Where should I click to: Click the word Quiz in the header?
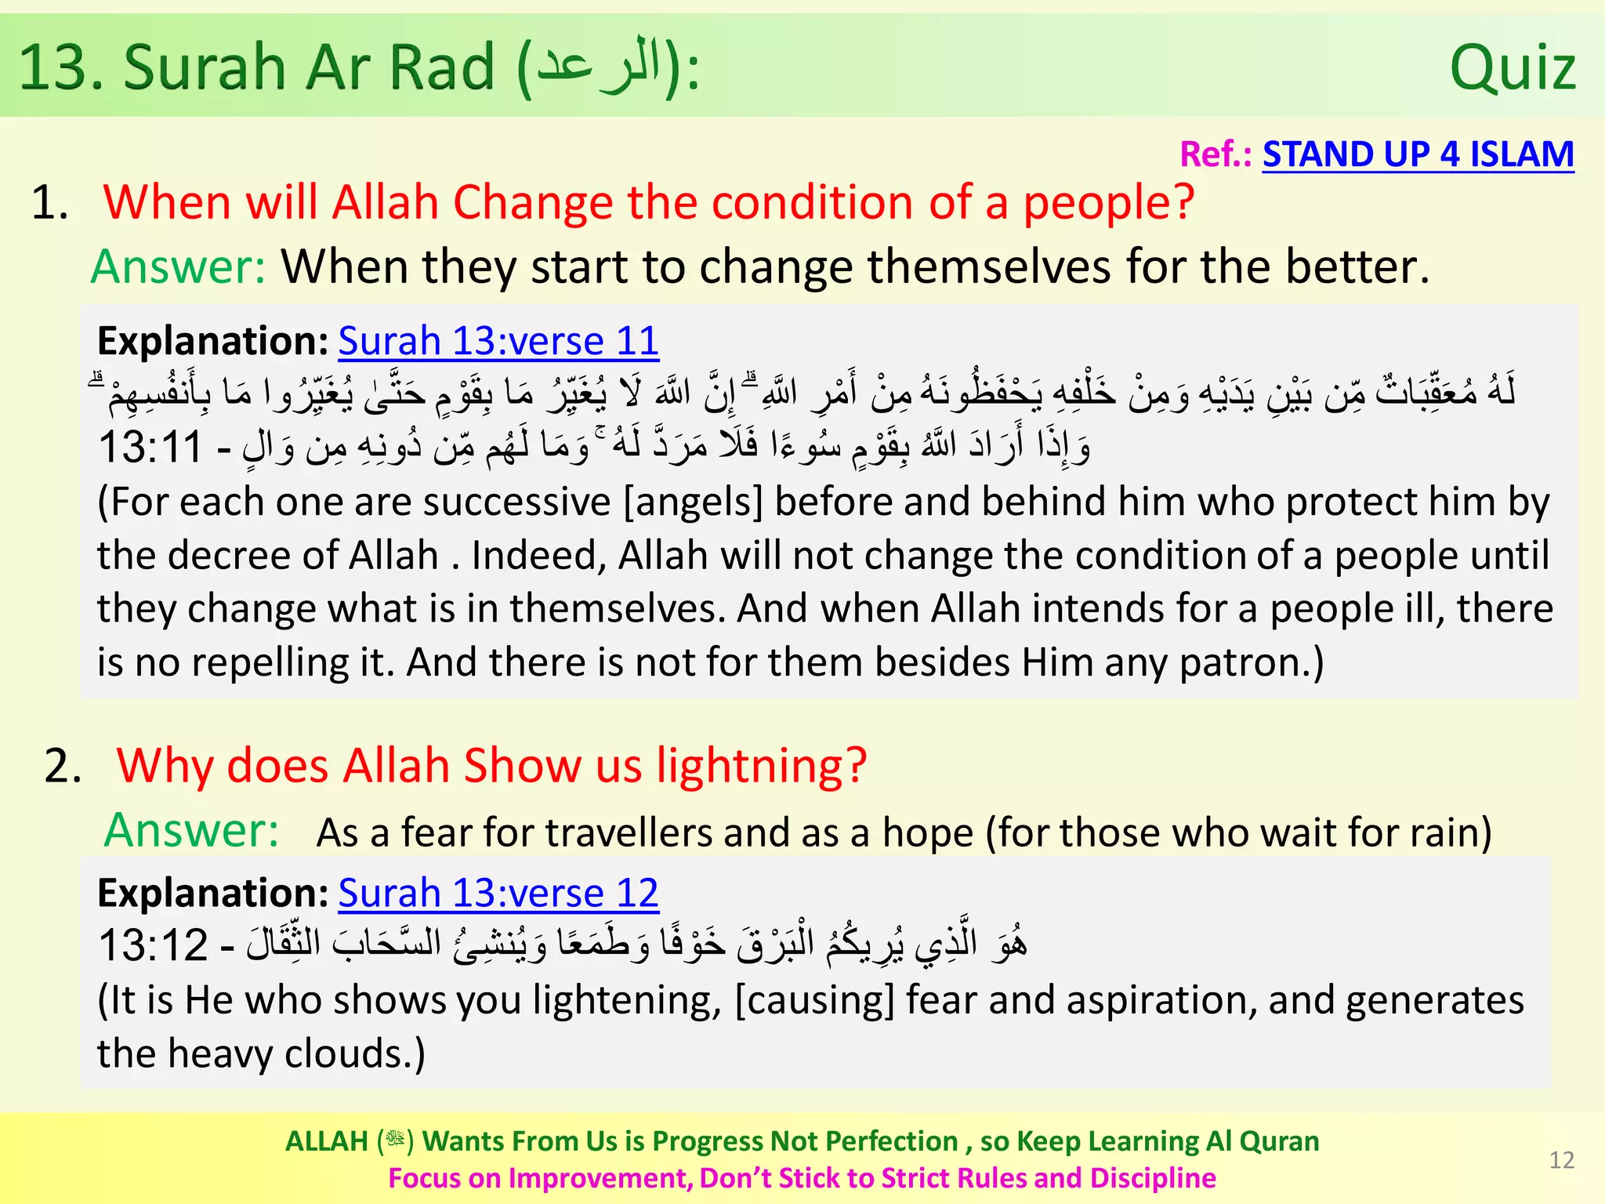(x=1513, y=69)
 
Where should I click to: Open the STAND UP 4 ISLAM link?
(x=1418, y=154)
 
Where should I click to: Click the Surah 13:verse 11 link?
(x=498, y=342)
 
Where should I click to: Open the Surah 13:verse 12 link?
(x=498, y=894)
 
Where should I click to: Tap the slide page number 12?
(x=1561, y=1160)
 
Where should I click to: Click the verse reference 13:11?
(x=150, y=448)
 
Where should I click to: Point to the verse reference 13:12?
(x=153, y=945)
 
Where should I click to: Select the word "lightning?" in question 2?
(x=762, y=766)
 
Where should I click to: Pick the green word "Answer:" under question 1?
(x=179, y=267)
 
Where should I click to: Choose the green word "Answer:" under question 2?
(x=191, y=830)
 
